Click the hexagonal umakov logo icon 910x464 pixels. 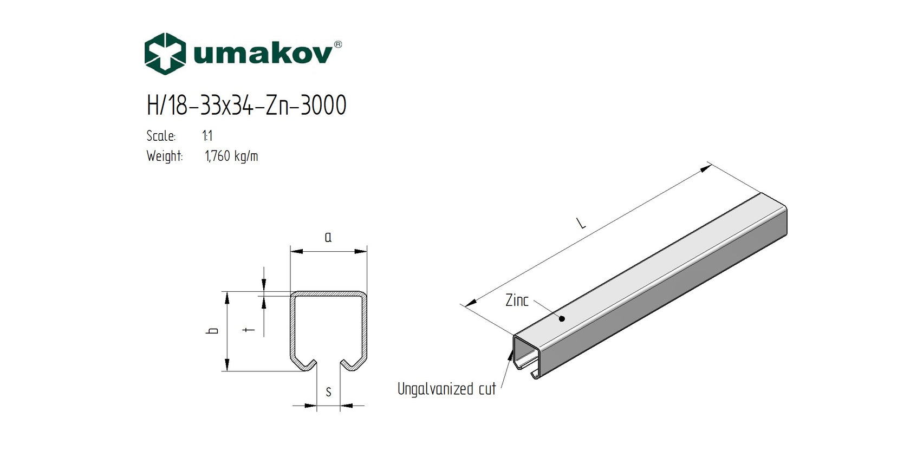[165, 54]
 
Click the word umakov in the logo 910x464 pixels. [263, 54]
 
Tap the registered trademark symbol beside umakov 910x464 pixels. [338, 44]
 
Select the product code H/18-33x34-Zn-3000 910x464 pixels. [246, 105]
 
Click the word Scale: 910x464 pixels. [161, 136]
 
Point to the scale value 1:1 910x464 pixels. [207, 136]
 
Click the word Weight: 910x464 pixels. [165, 156]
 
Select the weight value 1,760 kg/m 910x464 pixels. [231, 156]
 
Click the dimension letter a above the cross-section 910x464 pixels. [328, 237]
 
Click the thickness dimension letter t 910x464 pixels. [249, 329]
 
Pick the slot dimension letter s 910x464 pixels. [328, 392]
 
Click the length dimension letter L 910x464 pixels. [581, 223]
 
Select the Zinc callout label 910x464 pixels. [516, 300]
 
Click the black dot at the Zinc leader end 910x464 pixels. [562, 318]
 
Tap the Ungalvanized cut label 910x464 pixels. [446, 389]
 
